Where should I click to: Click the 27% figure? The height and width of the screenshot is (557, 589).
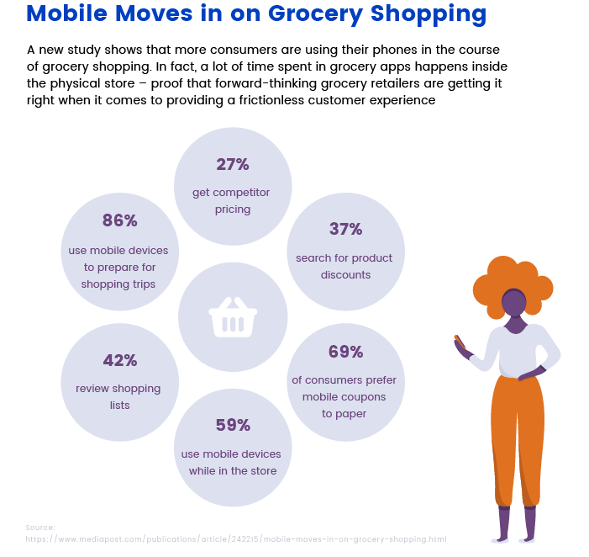tap(233, 164)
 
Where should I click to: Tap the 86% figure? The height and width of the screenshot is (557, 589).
tap(119, 220)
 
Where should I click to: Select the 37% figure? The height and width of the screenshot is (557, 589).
tap(344, 229)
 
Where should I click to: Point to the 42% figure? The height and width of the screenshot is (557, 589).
tap(119, 360)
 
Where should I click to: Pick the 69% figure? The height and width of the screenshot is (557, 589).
tap(344, 352)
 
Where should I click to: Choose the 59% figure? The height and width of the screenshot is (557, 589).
tap(233, 425)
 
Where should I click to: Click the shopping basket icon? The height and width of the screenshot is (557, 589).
tap(233, 317)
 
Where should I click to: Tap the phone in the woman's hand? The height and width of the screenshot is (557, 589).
tap(459, 341)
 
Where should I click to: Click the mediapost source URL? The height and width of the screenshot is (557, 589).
tap(236, 538)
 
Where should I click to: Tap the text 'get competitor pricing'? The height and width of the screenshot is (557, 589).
tap(233, 200)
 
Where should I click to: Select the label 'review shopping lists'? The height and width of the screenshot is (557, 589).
tap(118, 396)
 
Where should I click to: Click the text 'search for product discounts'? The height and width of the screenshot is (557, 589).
tap(344, 266)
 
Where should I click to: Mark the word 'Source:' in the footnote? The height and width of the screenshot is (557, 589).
tap(39, 528)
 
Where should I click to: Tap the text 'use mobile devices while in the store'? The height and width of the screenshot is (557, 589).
tap(232, 462)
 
